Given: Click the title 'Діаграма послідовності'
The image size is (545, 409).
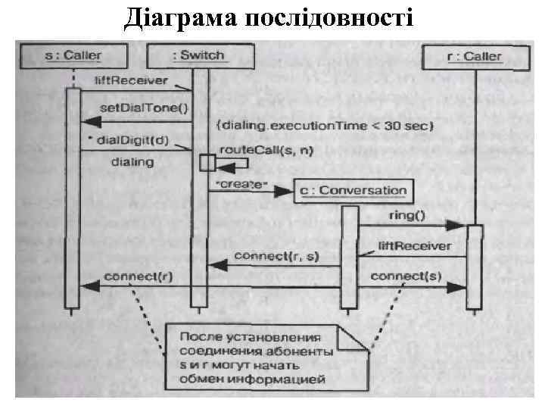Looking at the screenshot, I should tap(269, 16).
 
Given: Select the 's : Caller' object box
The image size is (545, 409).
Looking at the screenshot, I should tap(72, 55).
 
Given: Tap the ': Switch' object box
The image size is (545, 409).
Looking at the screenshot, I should tap(198, 55).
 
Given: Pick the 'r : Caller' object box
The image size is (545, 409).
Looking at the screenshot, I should tap(473, 56).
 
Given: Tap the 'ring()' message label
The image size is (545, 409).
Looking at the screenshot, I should tap(406, 214).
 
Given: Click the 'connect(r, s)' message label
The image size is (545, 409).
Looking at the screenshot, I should tap(277, 256).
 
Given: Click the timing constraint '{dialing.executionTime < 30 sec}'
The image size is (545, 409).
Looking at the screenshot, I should tap(323, 125).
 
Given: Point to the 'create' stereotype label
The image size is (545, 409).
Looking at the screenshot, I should tap(242, 184).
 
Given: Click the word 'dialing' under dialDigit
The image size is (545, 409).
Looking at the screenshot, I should tap(132, 161).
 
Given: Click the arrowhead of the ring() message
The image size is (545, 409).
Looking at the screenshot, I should tap(456, 225).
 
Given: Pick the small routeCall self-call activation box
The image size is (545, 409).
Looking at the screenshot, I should tap(207, 162).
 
